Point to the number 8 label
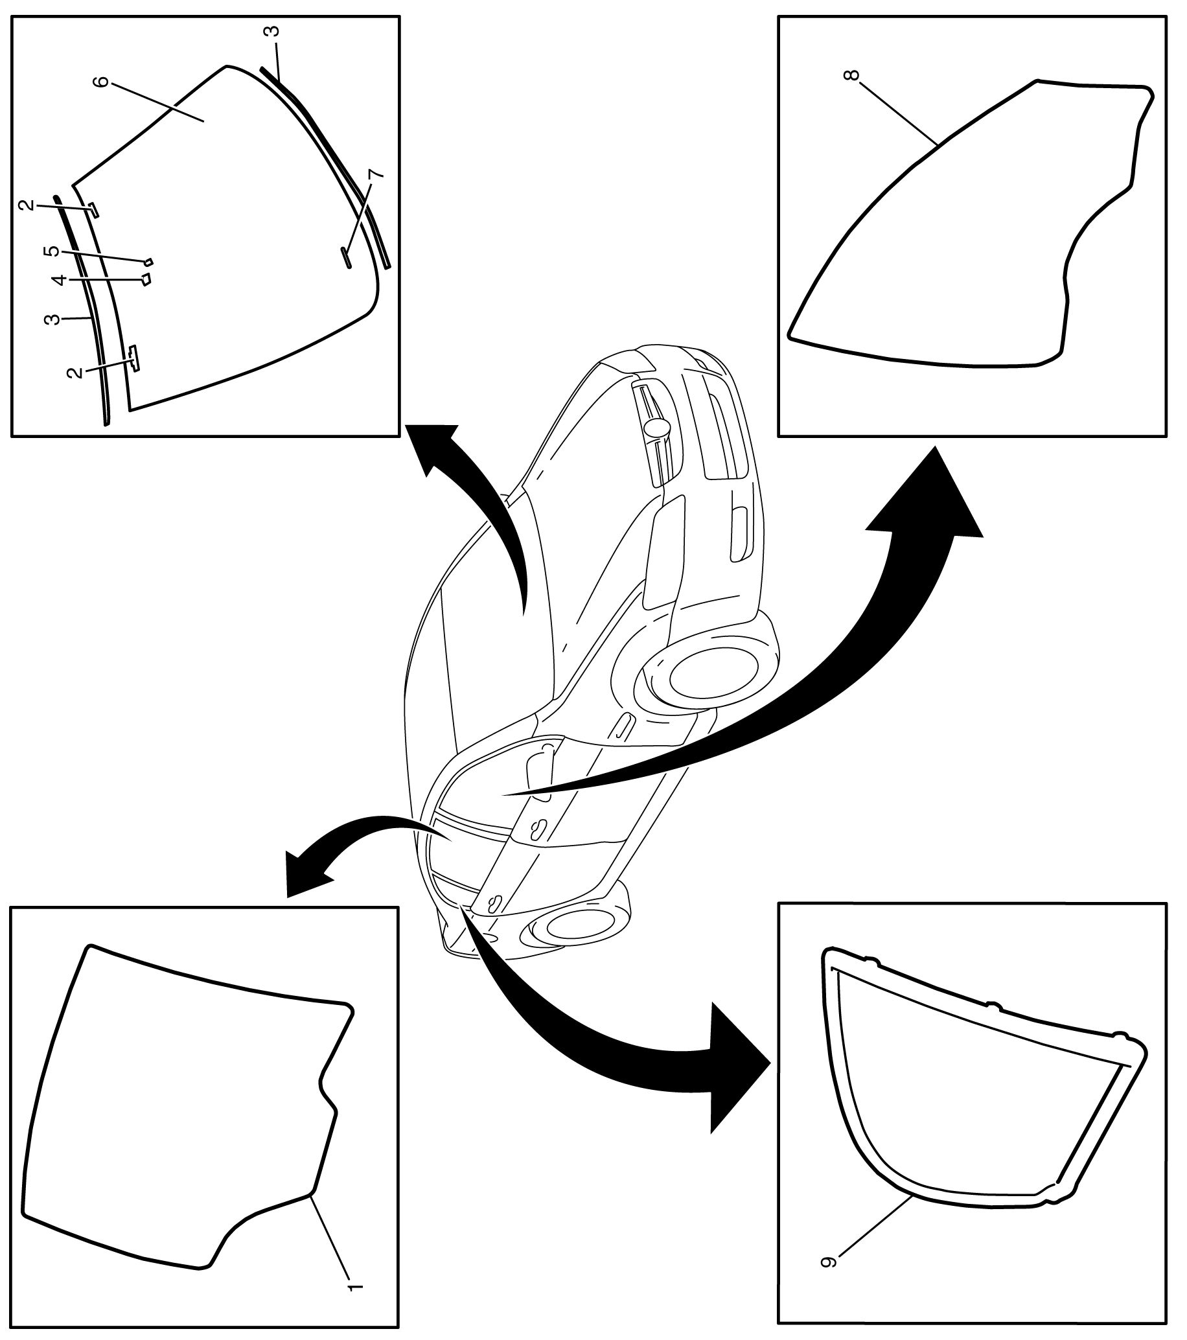coord(851,74)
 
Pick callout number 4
coord(60,280)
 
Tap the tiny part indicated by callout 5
coord(149,262)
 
